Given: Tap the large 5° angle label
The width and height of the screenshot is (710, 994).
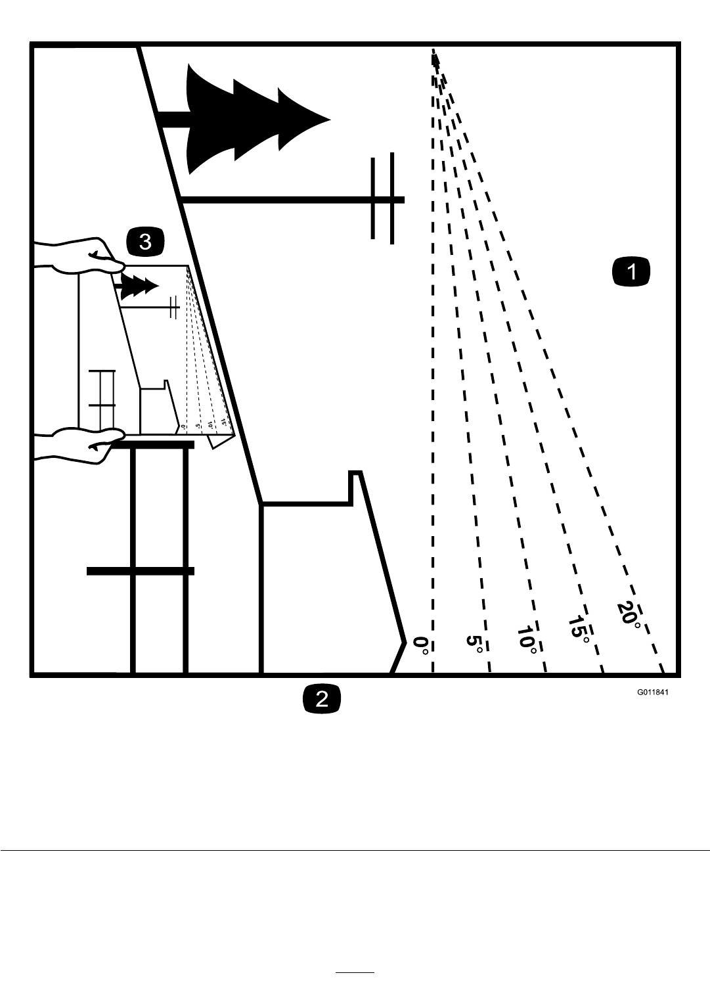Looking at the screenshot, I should pyautogui.click(x=475, y=643).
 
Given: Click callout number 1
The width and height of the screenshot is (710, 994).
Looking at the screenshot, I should pyautogui.click(x=631, y=272).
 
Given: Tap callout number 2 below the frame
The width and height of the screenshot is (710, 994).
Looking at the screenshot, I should pyautogui.click(x=321, y=698).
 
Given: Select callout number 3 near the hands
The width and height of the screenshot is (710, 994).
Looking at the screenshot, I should pyautogui.click(x=144, y=242).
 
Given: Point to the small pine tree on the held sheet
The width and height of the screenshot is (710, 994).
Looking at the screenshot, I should pyautogui.click(x=139, y=285).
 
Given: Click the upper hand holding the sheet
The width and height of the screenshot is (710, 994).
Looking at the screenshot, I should pyautogui.click(x=82, y=256).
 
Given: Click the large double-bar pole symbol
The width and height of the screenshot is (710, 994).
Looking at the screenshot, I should pyautogui.click(x=383, y=198).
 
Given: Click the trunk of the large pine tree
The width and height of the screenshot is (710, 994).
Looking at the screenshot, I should pyautogui.click(x=174, y=119).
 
